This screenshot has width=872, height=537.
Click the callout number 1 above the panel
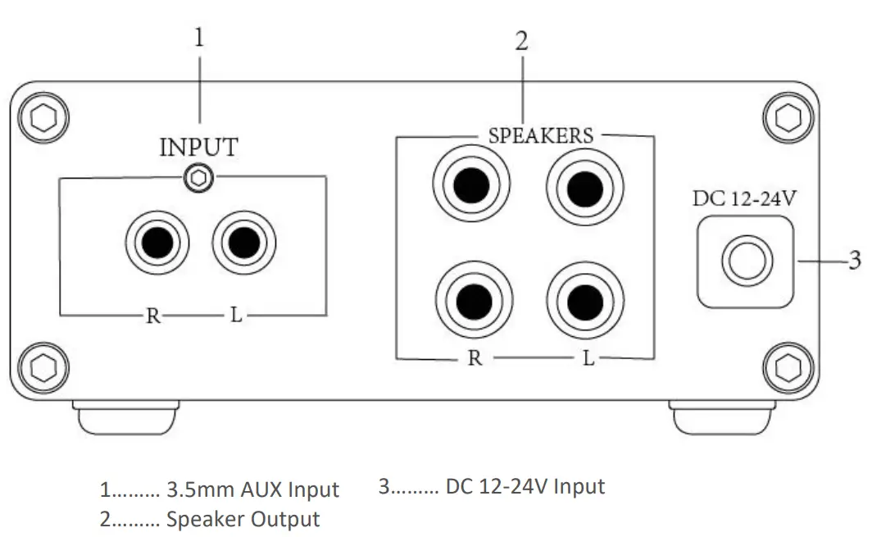click(199, 39)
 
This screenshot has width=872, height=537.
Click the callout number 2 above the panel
click(521, 43)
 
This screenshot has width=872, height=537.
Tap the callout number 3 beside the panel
click(853, 261)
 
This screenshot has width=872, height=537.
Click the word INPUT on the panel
click(198, 148)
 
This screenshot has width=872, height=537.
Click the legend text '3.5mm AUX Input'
click(252, 490)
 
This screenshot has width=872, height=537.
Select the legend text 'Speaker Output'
click(243, 519)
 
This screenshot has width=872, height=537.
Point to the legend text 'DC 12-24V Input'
click(525, 486)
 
